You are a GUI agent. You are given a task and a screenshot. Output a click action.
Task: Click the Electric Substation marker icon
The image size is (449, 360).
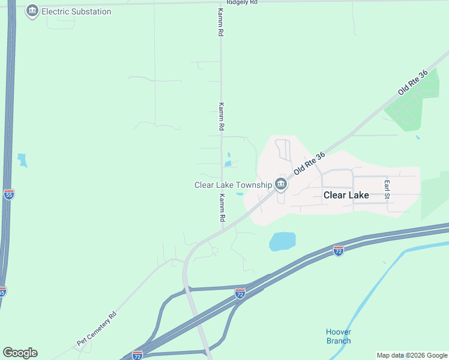point(32,11)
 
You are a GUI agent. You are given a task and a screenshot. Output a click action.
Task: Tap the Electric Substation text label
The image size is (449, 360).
point(76,11)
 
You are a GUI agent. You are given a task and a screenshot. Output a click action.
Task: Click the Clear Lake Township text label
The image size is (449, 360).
point(232,185)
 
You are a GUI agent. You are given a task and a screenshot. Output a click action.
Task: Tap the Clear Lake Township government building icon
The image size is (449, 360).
point(281,184)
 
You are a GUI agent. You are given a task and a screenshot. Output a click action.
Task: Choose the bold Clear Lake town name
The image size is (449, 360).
point(346,195)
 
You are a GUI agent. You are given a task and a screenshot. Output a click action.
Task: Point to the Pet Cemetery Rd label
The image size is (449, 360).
point(96,329)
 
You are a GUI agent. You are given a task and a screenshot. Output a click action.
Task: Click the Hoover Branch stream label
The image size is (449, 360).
point(339,337)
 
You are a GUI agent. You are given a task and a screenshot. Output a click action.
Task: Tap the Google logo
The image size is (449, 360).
point(20,353)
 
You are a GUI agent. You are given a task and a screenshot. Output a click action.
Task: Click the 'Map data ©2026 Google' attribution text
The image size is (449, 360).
point(412,355)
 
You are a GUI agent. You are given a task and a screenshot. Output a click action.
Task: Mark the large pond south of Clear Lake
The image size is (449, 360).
point(282,241)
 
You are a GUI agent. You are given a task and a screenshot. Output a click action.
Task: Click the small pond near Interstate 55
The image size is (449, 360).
point(23,160)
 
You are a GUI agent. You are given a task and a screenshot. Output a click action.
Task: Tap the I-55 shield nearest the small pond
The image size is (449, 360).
point(8,194)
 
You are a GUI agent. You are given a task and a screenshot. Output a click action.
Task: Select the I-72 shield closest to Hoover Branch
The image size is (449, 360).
point(339,250)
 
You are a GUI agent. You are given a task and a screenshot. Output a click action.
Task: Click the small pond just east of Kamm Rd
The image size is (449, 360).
point(228,163)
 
